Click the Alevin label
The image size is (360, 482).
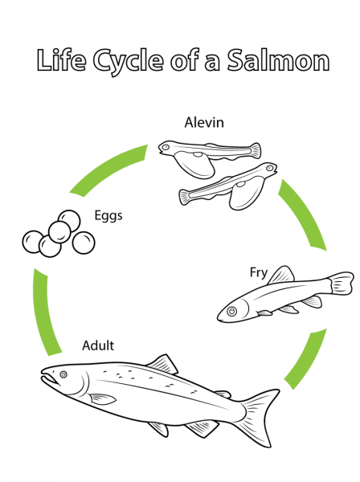204,123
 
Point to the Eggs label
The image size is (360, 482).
109,216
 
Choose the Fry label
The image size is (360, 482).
258,273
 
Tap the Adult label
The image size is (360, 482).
98,346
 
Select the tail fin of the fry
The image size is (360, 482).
342,284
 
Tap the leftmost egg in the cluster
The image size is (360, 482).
32,241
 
